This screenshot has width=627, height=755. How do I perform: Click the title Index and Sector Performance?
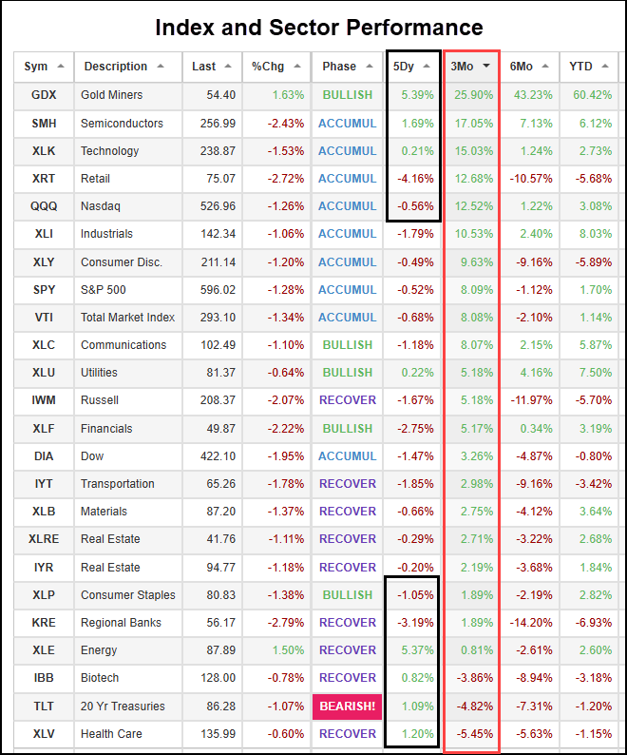pyautogui.click(x=319, y=28)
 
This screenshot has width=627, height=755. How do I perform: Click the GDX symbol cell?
pyautogui.click(x=43, y=95)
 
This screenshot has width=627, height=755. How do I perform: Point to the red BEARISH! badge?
pyautogui.click(x=348, y=706)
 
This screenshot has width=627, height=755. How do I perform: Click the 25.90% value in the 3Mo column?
pyautogui.click(x=472, y=95)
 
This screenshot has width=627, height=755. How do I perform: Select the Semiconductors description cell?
pyautogui.click(x=122, y=123)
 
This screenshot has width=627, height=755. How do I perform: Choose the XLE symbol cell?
pyautogui.click(x=43, y=650)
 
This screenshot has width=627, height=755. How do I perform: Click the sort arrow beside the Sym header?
pyautogui.click(x=61, y=67)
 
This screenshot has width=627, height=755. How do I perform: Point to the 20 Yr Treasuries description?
pyautogui.click(x=123, y=706)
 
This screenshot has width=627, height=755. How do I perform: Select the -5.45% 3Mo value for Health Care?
pyautogui.click(x=472, y=733)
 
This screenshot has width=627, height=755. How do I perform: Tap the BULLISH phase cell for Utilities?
pyautogui.click(x=348, y=373)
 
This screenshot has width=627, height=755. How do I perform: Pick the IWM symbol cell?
pyautogui.click(x=43, y=400)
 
